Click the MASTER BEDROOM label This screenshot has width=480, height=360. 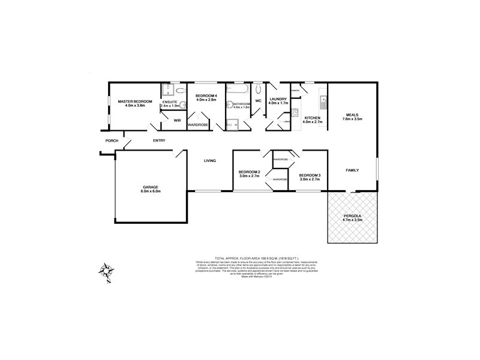135,101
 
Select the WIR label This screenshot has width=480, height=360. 177,121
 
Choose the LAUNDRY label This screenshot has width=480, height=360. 278,99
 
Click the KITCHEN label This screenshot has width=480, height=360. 313,118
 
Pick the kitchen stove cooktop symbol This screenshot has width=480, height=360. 295,112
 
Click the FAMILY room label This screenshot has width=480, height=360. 352,170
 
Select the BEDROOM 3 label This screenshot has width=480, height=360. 310,175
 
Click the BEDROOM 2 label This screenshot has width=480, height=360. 250,173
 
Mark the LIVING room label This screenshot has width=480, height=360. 209,160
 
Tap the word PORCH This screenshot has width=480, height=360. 111,141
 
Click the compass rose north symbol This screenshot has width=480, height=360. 106,271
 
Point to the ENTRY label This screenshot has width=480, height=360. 159,141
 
